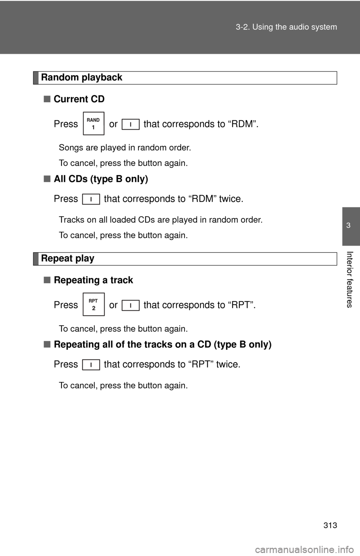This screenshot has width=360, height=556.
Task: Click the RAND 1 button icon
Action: click(93, 123)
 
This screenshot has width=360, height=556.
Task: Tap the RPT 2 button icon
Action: click(93, 304)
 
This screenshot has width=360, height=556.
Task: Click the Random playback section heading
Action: click(81, 78)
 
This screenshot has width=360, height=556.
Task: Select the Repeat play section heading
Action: click(67, 259)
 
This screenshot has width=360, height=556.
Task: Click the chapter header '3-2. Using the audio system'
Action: click(286, 27)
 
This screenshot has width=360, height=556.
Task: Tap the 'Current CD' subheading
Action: click(79, 99)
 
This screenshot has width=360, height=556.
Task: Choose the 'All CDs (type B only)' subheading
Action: click(101, 179)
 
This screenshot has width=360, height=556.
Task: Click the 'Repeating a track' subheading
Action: click(93, 280)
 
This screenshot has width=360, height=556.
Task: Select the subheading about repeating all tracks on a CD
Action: click(162, 345)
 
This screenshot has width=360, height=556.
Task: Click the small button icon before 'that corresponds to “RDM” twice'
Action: click(91, 199)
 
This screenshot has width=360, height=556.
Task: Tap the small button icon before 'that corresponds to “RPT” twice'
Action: click(91, 365)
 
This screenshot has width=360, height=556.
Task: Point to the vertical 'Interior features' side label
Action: click(349, 279)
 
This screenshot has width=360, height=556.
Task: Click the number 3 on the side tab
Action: click(348, 226)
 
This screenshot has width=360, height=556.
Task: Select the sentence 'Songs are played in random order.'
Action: click(125, 148)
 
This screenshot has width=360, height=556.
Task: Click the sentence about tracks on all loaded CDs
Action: click(160, 220)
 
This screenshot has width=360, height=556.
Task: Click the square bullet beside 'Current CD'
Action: click(47, 99)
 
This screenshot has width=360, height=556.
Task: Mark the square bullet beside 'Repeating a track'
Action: click(47, 280)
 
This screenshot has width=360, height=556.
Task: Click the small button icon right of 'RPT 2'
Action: click(130, 305)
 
